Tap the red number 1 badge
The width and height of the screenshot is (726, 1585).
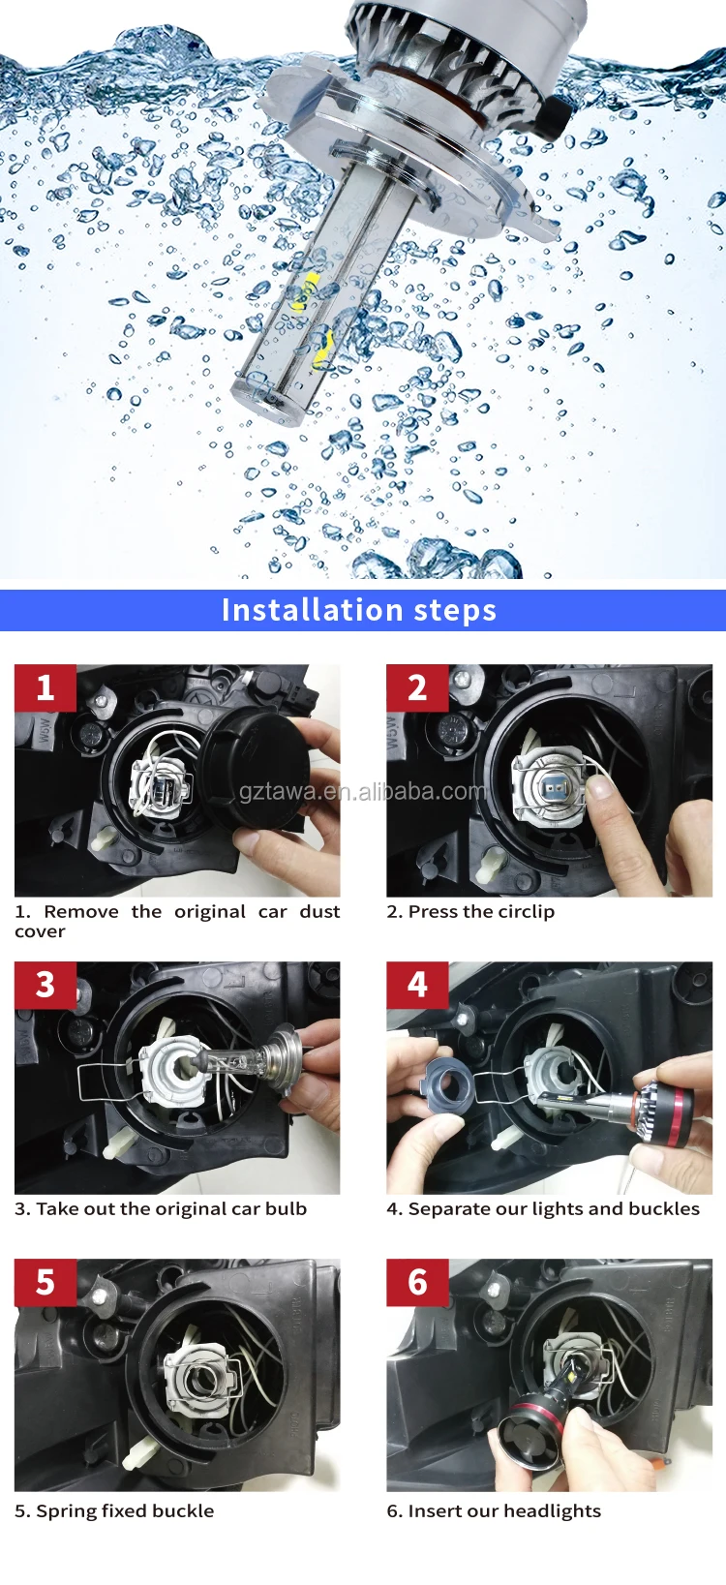coord(45,687)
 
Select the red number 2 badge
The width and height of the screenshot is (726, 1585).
coord(417,687)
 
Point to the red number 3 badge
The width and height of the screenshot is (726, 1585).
coord(45,985)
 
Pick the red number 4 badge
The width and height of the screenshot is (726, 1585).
coord(417,985)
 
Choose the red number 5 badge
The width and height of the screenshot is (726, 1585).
coord(45,1282)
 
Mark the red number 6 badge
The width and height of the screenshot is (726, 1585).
coord(417,1282)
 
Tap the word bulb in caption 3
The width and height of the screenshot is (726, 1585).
coord(286,1208)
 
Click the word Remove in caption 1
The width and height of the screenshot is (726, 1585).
coord(81,911)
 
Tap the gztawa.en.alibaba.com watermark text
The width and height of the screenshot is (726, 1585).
coord(363,791)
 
